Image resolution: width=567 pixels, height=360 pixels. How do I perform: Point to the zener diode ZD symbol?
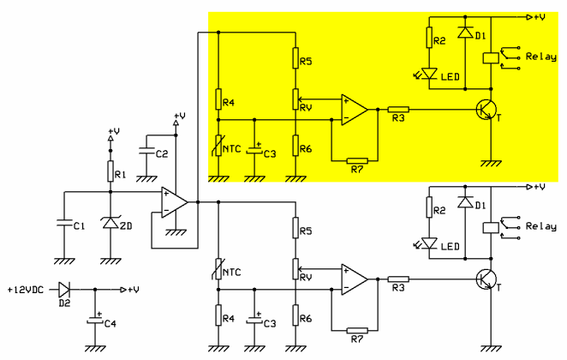point(110,224)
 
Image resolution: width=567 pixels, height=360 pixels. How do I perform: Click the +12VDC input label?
point(27,289)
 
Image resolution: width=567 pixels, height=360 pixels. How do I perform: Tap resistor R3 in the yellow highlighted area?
point(398,110)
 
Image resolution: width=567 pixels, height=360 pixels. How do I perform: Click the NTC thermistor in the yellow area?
point(218,147)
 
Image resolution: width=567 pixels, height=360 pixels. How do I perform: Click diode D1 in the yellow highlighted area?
point(465,33)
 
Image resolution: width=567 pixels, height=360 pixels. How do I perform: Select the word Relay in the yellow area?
point(541,57)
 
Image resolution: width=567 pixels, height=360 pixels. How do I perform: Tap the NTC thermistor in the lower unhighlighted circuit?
point(218,273)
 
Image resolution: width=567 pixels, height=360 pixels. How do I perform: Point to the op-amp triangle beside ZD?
point(175,202)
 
